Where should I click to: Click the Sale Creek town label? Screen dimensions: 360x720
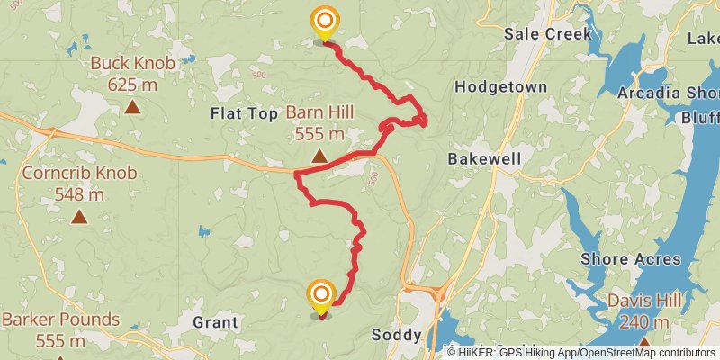point(548,33)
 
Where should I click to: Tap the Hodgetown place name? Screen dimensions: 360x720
point(501,87)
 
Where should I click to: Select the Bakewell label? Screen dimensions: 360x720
point(484,158)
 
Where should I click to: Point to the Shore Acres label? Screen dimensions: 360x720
point(631,259)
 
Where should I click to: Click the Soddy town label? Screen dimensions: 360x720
point(396,335)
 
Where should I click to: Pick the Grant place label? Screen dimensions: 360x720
point(216,321)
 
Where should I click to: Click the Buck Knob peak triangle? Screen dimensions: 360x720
point(132,107)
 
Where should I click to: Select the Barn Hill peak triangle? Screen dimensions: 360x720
point(319,157)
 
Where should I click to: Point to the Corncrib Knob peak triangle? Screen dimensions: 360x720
point(80,216)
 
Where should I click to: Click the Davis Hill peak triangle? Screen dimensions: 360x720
point(644,344)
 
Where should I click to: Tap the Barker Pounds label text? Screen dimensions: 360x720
point(60,319)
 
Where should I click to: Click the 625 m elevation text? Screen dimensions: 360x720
point(132,84)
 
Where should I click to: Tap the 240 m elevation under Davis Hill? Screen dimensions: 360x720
point(645,323)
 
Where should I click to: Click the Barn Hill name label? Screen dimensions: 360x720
point(320,112)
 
